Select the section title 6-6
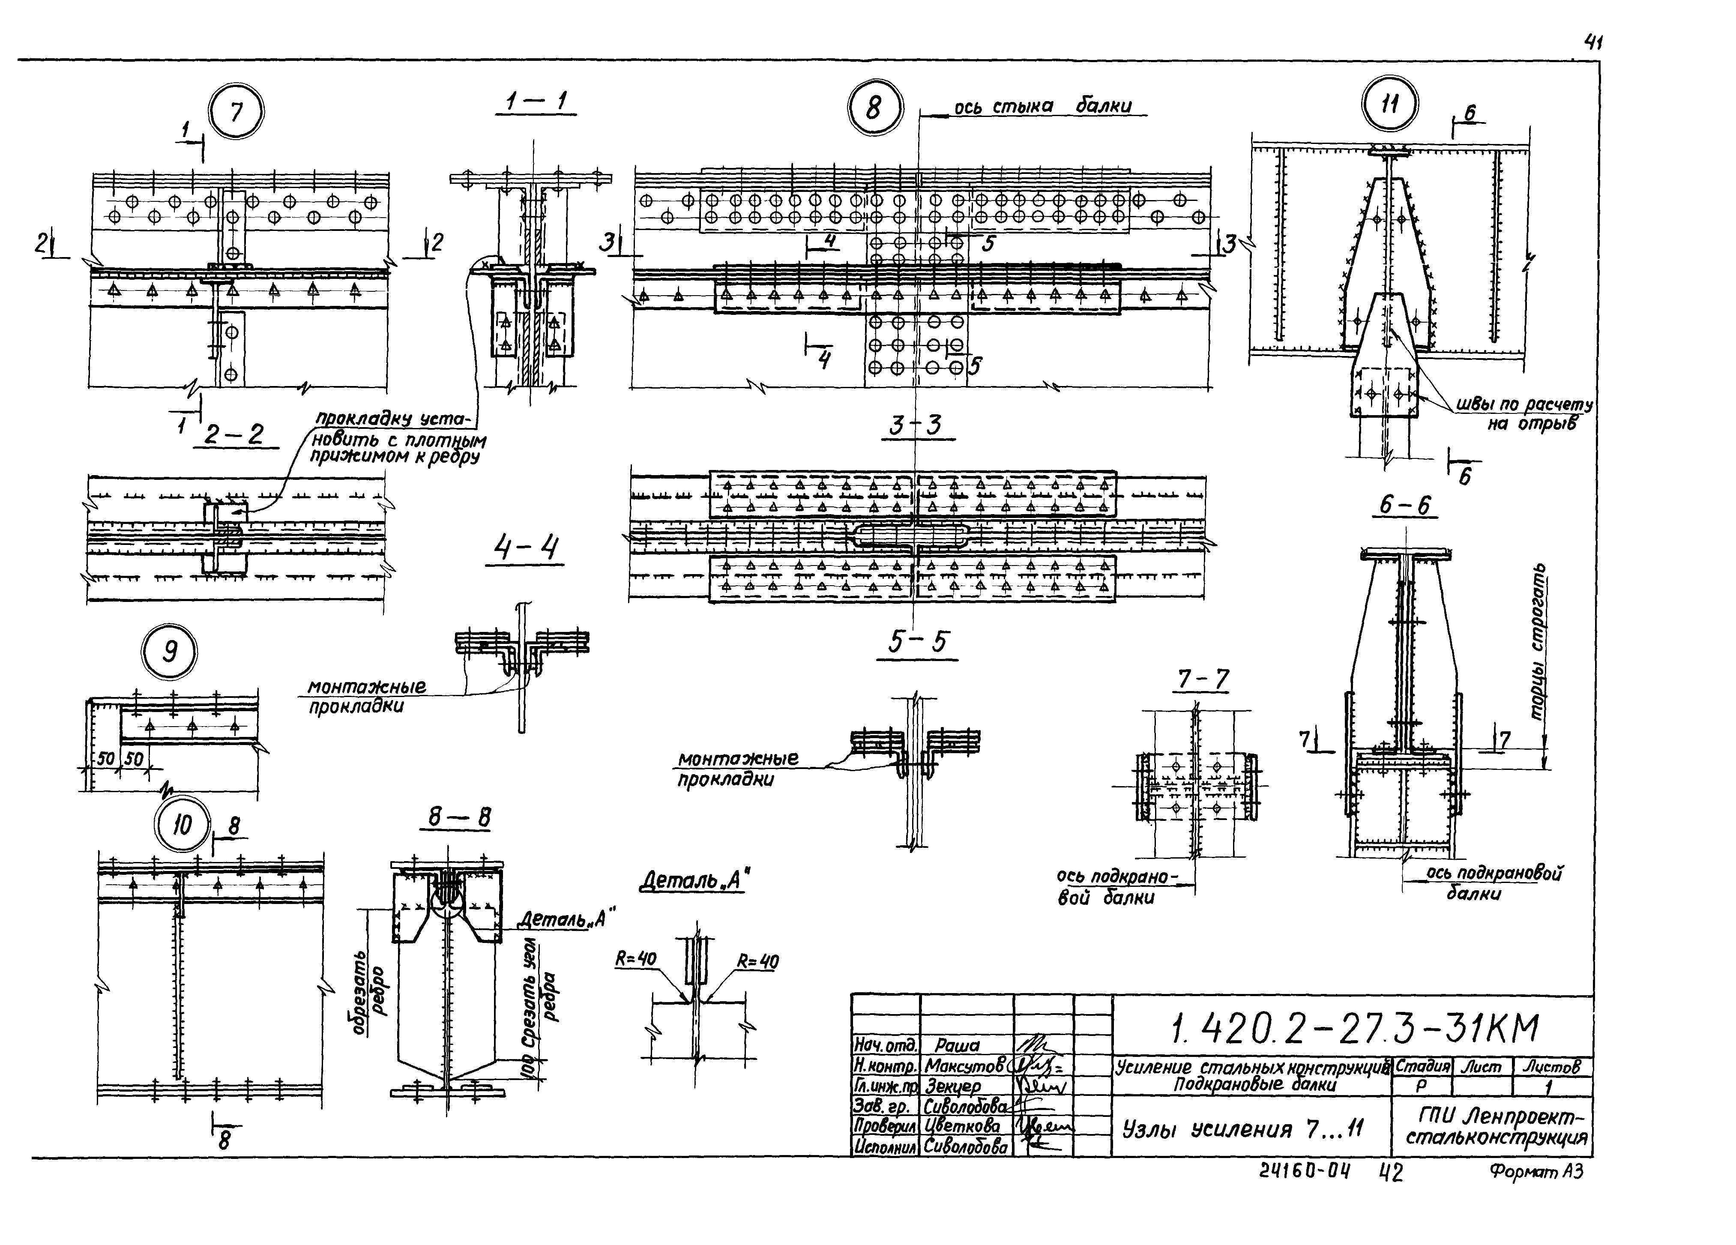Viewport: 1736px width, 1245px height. coord(1404,506)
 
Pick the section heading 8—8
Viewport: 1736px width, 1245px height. coord(458,818)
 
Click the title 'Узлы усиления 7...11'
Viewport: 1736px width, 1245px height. coord(1242,1129)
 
